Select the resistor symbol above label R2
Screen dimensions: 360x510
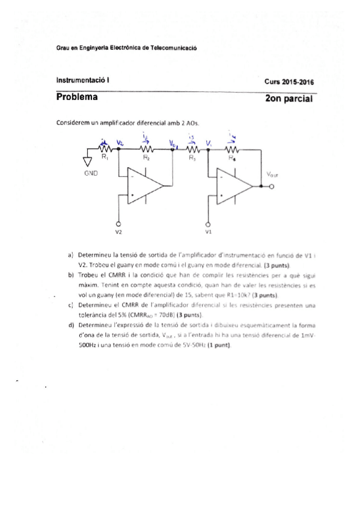(146, 150)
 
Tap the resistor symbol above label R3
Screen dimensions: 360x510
(192, 150)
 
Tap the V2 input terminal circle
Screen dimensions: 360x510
(118, 223)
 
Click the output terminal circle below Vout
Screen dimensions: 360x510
(272, 186)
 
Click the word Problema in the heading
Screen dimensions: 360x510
(77, 96)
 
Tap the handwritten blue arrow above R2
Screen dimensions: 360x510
(144, 140)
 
